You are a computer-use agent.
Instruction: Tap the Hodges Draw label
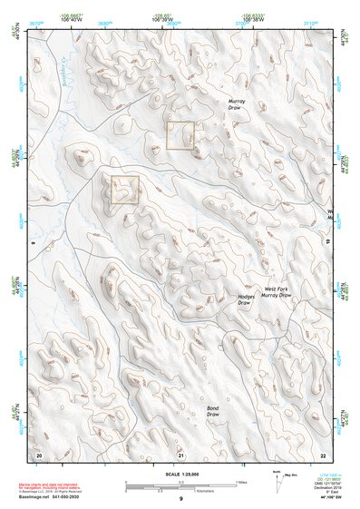click(x=247, y=299)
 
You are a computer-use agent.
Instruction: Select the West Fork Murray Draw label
click(x=277, y=292)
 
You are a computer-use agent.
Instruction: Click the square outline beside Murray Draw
click(x=180, y=135)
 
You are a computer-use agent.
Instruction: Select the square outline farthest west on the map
click(x=124, y=190)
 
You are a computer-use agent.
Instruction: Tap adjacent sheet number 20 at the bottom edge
click(x=38, y=454)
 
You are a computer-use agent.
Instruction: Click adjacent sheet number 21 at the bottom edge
click(x=181, y=454)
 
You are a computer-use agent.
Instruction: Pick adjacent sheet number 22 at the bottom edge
click(x=323, y=454)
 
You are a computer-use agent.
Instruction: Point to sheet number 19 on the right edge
click(x=327, y=242)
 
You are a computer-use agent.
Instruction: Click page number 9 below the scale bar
click(x=181, y=499)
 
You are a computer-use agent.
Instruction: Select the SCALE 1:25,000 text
click(x=181, y=474)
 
